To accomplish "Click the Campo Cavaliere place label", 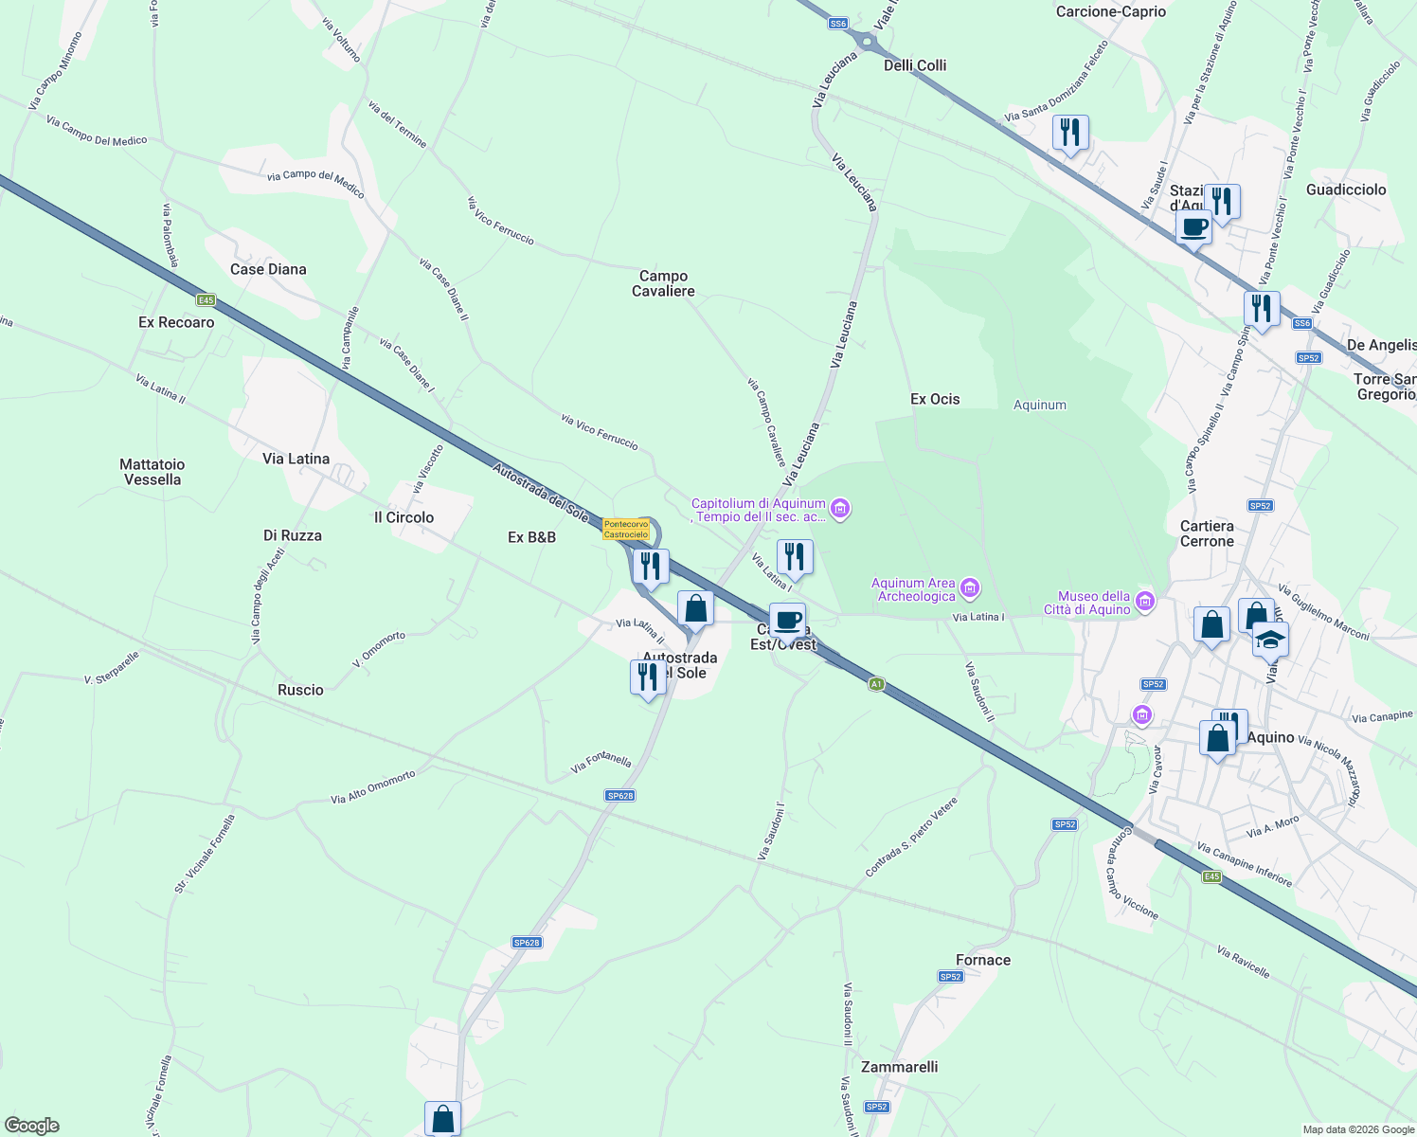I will coord(663,283).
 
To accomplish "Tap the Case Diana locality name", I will coord(268,269).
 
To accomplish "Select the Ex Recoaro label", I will coord(176,322).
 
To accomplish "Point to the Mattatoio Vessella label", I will coord(152,472).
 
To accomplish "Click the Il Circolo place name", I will coord(404,517).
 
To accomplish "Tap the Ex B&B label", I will coord(531,537).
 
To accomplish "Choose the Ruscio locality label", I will coord(300,690).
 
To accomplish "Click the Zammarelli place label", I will coord(899,1067).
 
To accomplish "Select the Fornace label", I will coord(983,960).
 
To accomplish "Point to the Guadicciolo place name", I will coord(1346,189).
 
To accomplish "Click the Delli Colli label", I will coord(915,65).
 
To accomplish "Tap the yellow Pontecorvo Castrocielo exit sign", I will coord(626,529).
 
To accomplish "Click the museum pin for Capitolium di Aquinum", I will coord(840,509).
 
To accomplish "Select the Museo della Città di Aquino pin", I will coord(1145,601).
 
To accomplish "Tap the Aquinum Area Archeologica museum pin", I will coord(970,588).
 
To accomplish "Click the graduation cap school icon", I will coord(1269,640).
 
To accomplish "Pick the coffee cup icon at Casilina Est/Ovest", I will coord(787,621).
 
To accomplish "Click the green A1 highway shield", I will coord(876,683).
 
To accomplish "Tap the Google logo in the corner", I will coord(31,1126).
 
